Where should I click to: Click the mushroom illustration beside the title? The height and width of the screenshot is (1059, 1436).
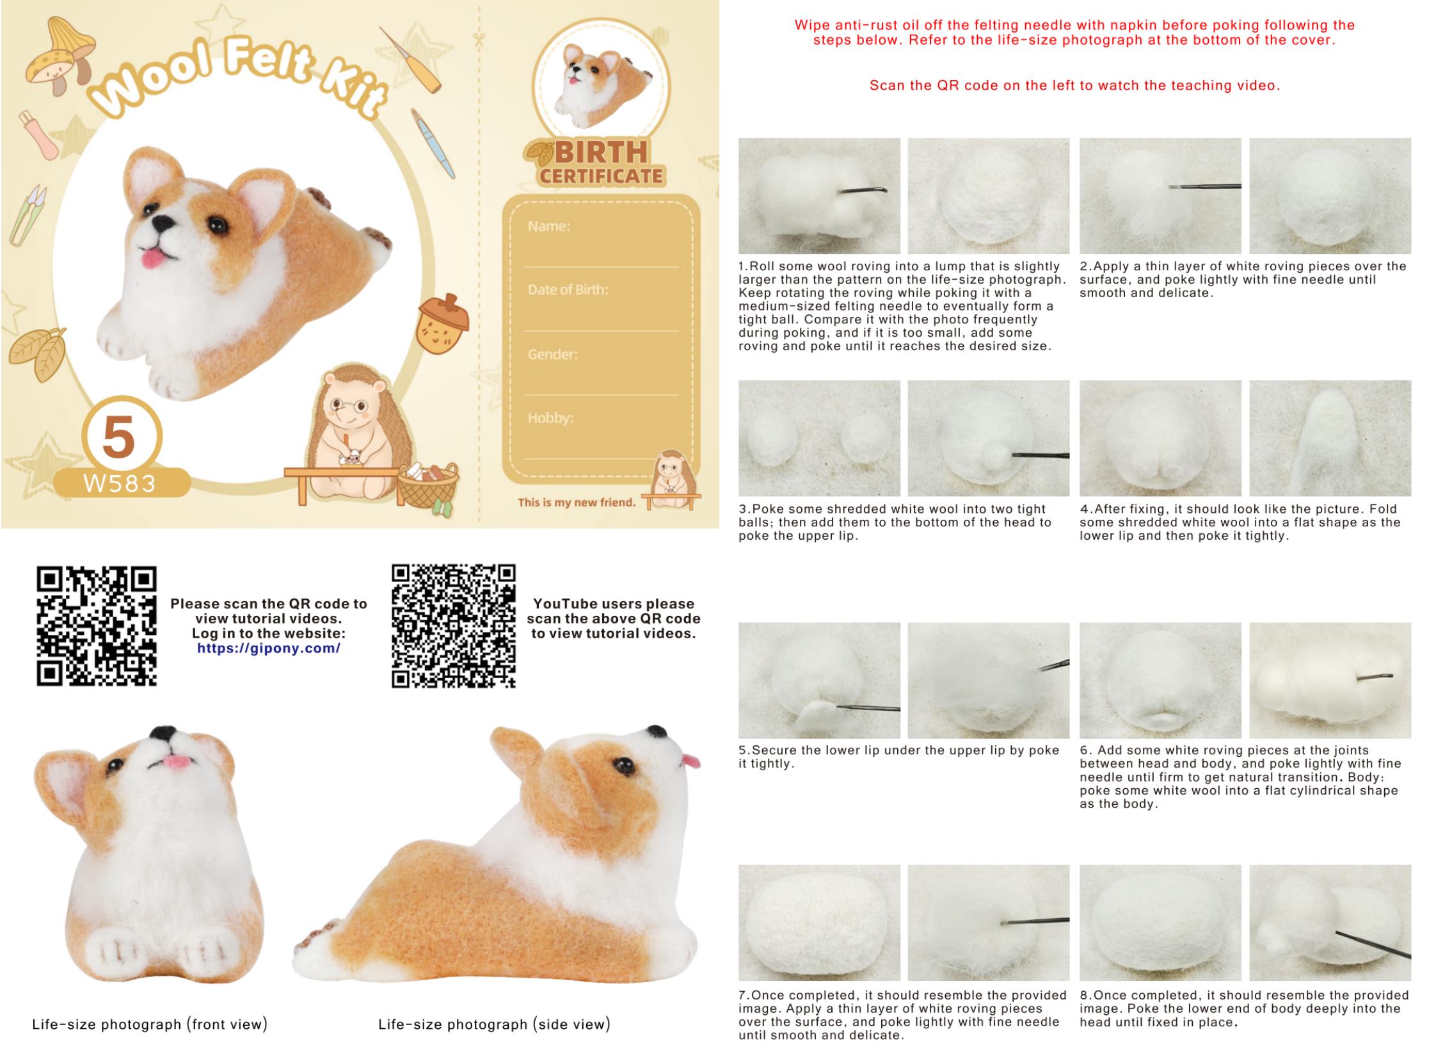tap(60, 56)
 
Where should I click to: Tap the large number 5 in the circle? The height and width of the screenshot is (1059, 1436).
tap(119, 437)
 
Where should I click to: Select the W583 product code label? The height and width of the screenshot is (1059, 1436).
tap(120, 483)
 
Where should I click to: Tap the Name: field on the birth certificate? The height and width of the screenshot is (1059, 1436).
tap(548, 226)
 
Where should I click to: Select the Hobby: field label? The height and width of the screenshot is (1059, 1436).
tap(550, 418)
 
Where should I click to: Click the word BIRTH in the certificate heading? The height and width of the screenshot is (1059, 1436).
tap(601, 152)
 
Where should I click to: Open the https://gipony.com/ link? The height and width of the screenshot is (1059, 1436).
tap(269, 648)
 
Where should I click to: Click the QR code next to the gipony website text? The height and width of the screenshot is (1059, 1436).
tap(97, 626)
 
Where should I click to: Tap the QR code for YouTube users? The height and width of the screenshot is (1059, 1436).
tap(454, 626)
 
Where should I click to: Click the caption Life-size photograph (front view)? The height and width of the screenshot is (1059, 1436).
tap(150, 1024)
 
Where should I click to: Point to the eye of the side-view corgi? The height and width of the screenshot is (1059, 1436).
tap(623, 764)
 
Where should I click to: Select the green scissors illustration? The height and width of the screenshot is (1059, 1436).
tap(27, 215)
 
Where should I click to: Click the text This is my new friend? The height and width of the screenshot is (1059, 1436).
tap(577, 503)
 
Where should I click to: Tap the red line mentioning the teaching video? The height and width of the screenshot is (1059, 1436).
tap(1074, 85)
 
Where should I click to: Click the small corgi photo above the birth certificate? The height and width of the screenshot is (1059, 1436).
tap(601, 85)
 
